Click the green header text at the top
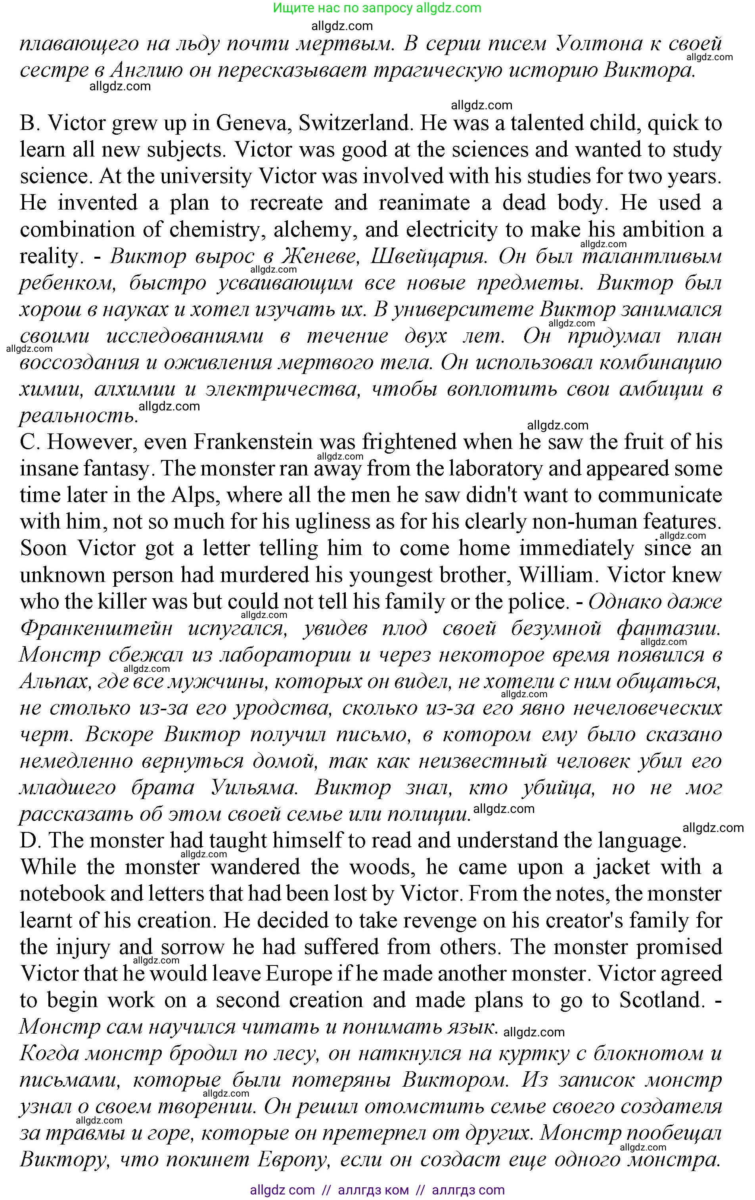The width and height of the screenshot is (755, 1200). (x=377, y=8)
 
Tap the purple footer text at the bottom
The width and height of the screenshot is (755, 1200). (x=377, y=1190)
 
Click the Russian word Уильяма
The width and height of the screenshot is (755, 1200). (x=254, y=788)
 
